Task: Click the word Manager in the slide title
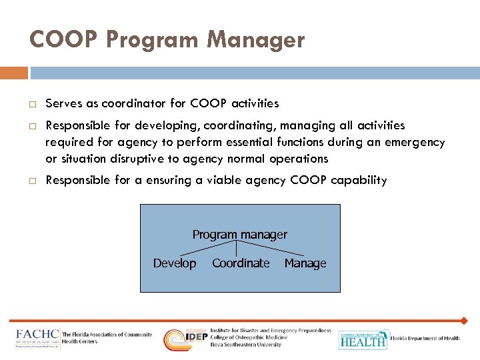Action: coord(256,40)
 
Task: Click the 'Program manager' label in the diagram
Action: coord(239,235)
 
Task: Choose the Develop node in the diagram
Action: coord(175,263)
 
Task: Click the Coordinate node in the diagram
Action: coord(241,263)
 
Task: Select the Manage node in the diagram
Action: coord(305,263)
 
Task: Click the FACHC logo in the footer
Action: coord(38,338)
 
